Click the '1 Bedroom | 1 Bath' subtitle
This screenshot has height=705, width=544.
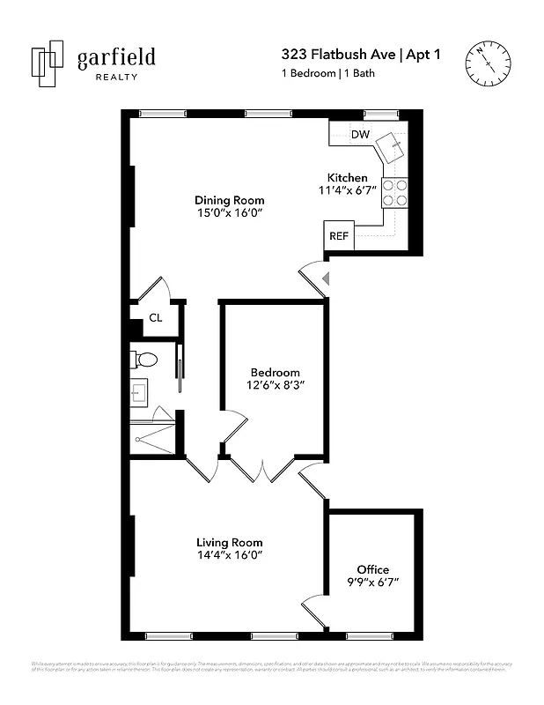pos(327,73)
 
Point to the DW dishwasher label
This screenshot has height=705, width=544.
pos(360,135)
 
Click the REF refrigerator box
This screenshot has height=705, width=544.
pos(338,236)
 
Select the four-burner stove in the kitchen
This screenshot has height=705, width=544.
pos(395,192)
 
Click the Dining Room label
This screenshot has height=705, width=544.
pos(229,200)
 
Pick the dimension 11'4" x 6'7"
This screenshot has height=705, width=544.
pos(347,190)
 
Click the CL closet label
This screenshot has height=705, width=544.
pos(155,318)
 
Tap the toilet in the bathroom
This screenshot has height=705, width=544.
pos(143,360)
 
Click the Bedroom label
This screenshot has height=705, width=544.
pos(275,372)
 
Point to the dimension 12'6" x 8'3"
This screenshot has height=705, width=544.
pos(275,385)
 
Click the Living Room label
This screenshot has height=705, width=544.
pos(229,542)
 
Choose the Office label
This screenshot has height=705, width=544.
pos(372,569)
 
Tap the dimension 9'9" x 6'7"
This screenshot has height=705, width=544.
pos(372,583)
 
